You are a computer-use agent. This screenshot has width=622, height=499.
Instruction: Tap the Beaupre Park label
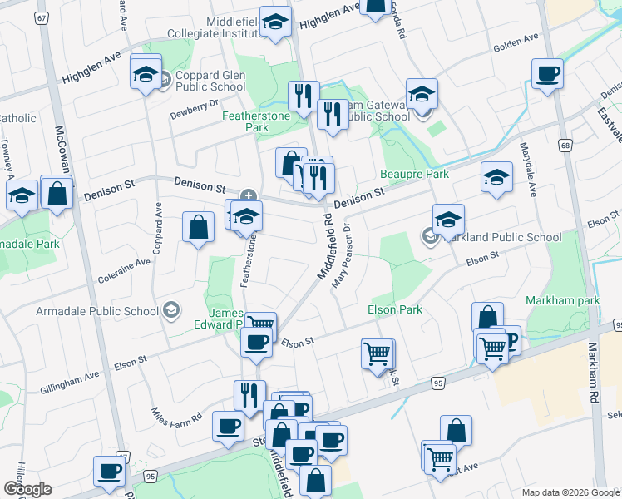point(414,174)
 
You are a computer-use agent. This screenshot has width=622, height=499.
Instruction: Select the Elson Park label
point(394,309)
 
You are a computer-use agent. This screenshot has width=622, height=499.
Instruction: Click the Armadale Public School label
point(96,311)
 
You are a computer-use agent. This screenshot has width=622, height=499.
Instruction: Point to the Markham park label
point(561,299)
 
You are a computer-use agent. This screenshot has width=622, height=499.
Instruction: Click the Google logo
point(27,489)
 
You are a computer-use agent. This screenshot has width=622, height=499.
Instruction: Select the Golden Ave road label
point(516,42)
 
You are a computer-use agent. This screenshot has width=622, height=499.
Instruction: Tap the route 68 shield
point(565,146)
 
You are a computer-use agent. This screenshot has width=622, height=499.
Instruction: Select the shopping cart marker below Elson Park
point(378,353)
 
